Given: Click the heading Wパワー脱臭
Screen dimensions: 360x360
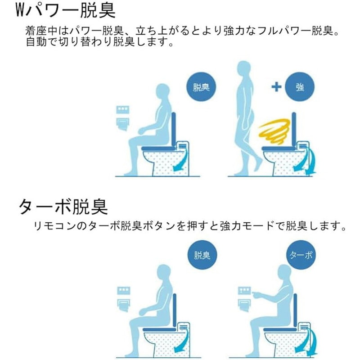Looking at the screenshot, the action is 65,10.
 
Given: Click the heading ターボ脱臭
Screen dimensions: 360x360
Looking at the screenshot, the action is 63,207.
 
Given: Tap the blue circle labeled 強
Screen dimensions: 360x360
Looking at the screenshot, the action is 300,87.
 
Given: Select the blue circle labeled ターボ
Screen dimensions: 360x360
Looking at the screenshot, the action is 301,255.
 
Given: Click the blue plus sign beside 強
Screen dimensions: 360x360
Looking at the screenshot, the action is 276,87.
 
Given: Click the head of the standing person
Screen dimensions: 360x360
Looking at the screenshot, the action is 243,69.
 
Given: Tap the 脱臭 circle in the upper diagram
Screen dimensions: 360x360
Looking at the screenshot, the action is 201,87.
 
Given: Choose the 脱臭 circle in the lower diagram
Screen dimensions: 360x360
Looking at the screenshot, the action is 202,255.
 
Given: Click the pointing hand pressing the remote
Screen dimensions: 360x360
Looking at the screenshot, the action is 256,294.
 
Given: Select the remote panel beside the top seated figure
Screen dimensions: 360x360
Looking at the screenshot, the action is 122,110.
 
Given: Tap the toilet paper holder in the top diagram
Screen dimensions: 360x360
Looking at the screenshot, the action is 123,124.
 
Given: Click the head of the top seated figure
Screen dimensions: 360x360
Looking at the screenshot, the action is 162,92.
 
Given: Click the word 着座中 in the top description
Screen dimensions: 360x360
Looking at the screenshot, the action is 41,31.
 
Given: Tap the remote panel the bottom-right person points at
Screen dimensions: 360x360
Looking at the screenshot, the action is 244,291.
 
